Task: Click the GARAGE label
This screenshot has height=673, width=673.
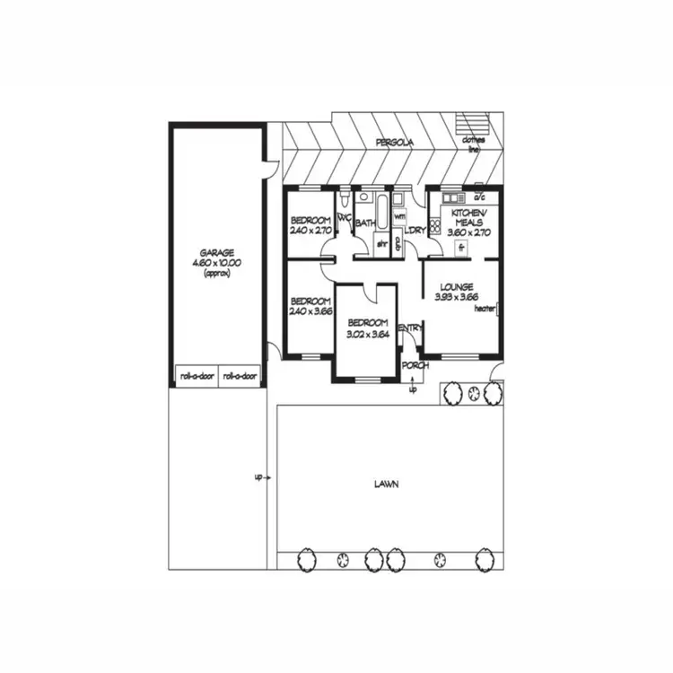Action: point(218,253)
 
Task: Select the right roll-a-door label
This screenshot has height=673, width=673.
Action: point(240,377)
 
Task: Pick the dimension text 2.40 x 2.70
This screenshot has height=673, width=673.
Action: point(311,231)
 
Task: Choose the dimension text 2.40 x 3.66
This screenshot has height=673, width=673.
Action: point(310,311)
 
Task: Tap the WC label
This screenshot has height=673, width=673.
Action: point(344,216)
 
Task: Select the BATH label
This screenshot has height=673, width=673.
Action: point(365,223)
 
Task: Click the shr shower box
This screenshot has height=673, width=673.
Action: point(380,243)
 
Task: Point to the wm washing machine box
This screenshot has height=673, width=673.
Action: point(399,216)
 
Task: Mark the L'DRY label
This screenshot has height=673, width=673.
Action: point(415,232)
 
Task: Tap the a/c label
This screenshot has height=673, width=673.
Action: point(479,197)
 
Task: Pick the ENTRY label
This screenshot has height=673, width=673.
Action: point(410,328)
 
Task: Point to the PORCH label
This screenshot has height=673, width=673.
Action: point(415,365)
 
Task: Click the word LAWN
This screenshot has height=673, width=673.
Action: point(387,484)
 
